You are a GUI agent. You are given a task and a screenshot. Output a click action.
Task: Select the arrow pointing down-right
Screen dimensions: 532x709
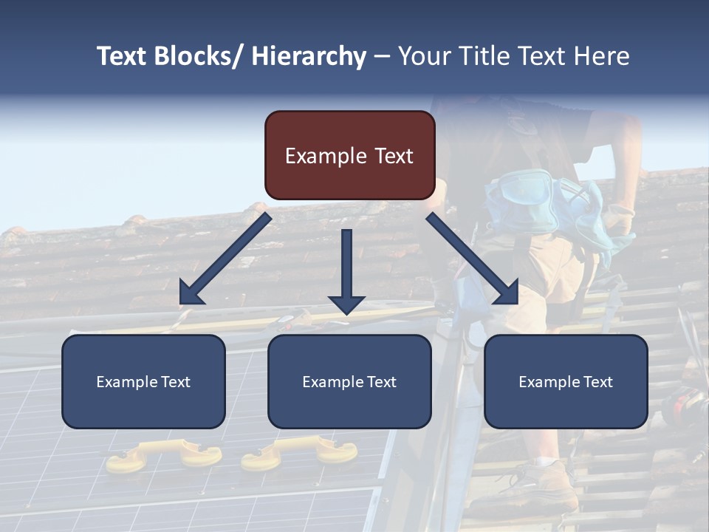click(x=473, y=259)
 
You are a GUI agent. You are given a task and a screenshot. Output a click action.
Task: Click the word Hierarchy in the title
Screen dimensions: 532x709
click(x=308, y=57)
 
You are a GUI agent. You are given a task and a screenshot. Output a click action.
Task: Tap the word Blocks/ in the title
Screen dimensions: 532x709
click(x=199, y=57)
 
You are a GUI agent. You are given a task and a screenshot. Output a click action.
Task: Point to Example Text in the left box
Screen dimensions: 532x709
click(x=143, y=382)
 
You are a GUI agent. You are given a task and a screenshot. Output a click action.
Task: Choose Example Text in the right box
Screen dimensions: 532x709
click(x=566, y=382)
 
